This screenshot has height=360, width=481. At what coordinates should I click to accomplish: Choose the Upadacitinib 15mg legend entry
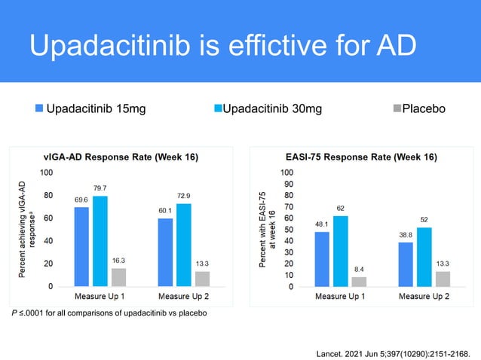pyautogui.click(x=90, y=109)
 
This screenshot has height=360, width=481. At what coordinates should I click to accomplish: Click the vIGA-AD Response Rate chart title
pyautogui.click(x=120, y=157)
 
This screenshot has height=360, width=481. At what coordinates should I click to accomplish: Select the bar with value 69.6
pyautogui.click(x=81, y=246)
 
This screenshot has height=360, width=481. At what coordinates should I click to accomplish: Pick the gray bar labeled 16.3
pyautogui.click(x=118, y=277)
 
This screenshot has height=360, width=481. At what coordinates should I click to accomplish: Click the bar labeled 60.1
pyautogui.click(x=165, y=252)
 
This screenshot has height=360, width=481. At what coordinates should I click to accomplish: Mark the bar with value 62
pyautogui.click(x=340, y=251)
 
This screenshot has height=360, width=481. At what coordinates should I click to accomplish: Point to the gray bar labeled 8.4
pyautogui.click(x=359, y=282)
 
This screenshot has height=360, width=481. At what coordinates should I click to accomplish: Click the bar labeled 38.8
pyautogui.click(x=406, y=264)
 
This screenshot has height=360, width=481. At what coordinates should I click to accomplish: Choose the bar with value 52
pyautogui.click(x=424, y=257)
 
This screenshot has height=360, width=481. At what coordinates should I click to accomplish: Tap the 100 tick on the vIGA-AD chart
pyautogui.click(x=46, y=172)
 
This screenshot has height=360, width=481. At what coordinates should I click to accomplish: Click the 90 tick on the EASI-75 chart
pyautogui.click(x=287, y=184)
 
